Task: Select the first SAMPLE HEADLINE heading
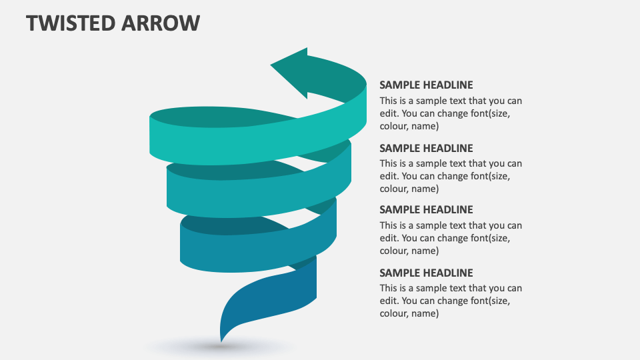tap(426, 85)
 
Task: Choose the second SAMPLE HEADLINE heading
tap(426, 148)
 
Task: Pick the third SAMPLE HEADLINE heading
tap(426, 209)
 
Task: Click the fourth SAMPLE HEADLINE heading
tap(426, 273)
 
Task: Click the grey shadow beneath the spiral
tap(220, 347)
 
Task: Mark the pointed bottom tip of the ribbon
tap(221, 339)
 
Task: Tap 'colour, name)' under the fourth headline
tap(409, 313)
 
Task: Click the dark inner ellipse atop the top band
tap(220, 117)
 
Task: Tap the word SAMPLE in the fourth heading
tap(399, 273)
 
